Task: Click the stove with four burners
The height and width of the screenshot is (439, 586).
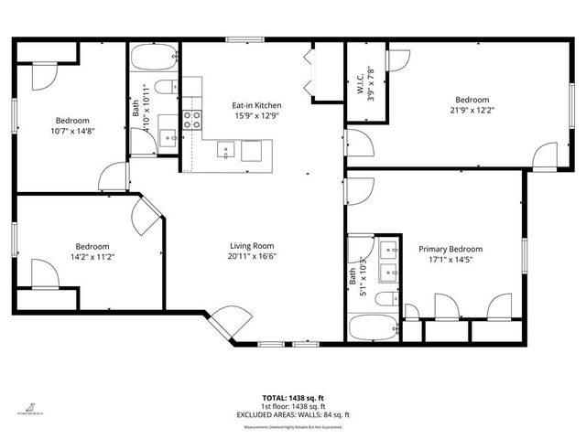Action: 191,117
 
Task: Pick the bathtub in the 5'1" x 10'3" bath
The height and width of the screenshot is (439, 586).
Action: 373,327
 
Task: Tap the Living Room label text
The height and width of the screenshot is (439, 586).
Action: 252,245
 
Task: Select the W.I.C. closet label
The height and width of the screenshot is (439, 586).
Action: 357,80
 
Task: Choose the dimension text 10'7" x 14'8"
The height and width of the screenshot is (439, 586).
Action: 72,131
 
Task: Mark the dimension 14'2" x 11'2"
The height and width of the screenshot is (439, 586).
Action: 92,257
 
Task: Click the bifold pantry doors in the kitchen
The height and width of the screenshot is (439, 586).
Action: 311,72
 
